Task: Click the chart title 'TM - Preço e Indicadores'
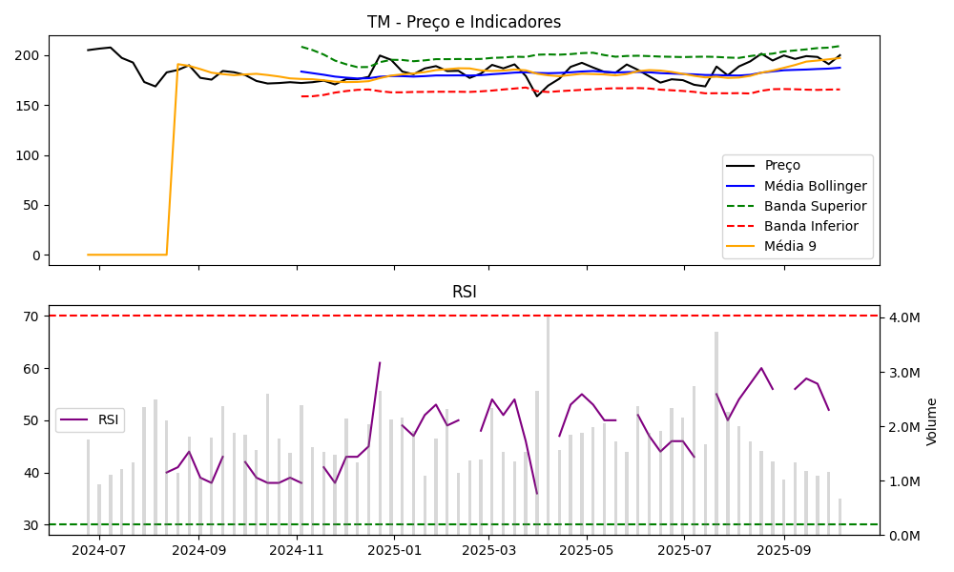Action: (464, 22)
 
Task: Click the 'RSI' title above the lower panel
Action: (464, 292)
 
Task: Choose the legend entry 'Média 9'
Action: (791, 247)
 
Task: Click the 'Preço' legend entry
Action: (782, 165)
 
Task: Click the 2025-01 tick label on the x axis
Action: (394, 550)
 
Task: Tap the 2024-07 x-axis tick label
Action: (99, 550)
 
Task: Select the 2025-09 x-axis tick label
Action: (783, 550)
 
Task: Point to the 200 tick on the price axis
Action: (29, 55)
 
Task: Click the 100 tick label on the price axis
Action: (29, 155)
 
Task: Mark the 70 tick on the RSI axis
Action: (31, 317)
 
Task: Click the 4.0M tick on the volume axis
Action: (902, 317)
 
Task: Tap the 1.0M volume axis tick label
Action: (902, 480)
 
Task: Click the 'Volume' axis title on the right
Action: (931, 421)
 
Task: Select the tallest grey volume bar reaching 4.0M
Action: (548, 424)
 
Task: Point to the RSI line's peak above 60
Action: (380, 362)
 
